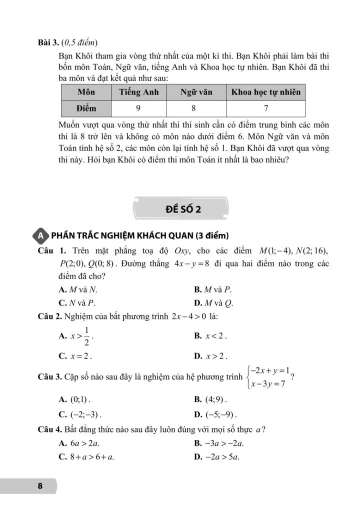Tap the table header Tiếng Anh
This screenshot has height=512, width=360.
138,92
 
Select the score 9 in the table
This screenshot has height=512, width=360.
138,108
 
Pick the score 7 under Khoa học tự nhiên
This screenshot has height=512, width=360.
266,108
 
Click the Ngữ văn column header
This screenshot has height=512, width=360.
196,92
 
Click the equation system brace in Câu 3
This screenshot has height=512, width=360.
248,377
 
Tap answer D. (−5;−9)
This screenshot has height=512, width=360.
215,414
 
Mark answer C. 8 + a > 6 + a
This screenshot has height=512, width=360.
86,456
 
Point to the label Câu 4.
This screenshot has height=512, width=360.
49,429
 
